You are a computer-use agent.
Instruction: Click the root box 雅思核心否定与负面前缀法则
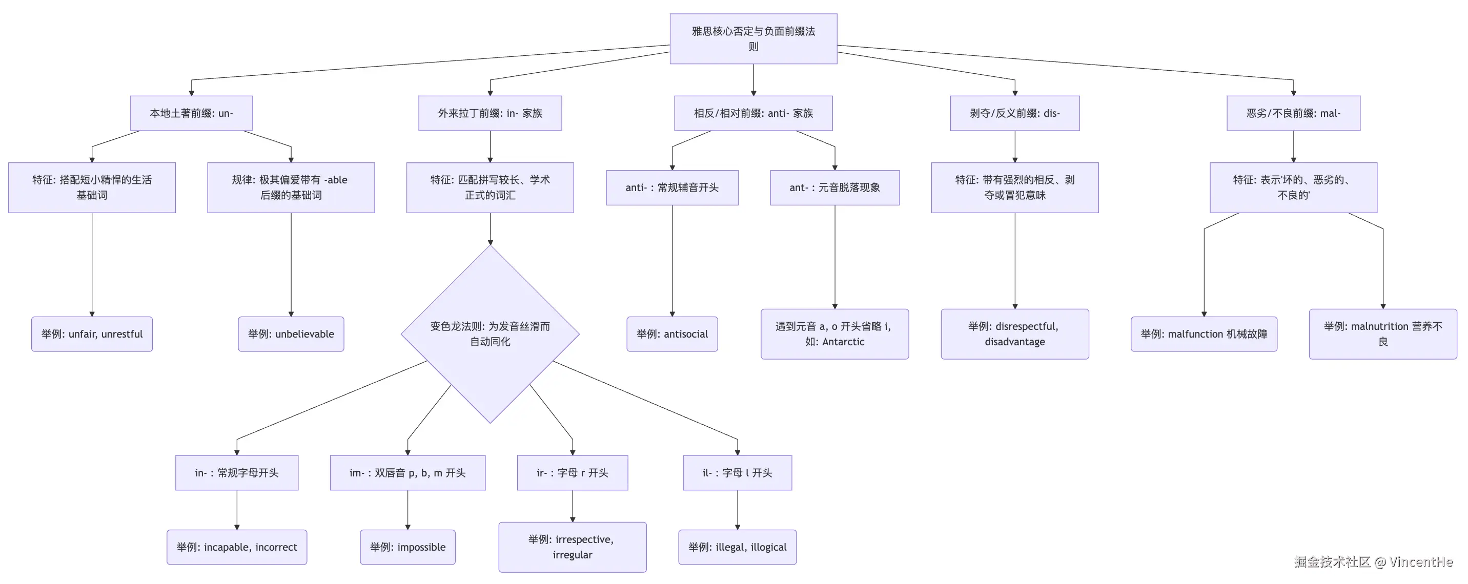pos(753,39)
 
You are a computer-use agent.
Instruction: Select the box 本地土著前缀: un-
pos(192,113)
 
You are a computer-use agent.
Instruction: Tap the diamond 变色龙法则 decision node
pos(490,334)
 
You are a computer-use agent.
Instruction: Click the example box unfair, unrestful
pos(92,335)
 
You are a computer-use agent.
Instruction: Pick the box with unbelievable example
pos(291,335)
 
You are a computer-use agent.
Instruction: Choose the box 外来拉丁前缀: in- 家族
pos(490,113)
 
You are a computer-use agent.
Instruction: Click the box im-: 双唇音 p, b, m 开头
pos(407,473)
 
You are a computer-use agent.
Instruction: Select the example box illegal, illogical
pos(737,548)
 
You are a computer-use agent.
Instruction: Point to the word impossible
pos(421,548)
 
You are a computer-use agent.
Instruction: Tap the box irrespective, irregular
pos(572,547)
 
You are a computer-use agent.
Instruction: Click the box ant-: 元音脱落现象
pos(834,188)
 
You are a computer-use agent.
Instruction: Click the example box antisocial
pos(672,335)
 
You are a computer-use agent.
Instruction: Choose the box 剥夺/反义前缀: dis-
pos(1014,113)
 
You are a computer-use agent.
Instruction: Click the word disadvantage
pos(1014,342)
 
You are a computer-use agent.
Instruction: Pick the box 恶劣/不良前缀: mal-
pos(1293,113)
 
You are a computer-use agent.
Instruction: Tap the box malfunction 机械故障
pos(1204,335)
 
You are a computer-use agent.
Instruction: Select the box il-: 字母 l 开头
pos(737,473)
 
